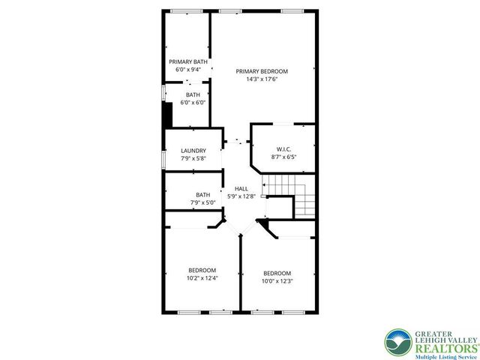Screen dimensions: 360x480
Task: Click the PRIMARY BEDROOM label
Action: coord(262,71)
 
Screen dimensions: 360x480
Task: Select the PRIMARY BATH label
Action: coord(187,61)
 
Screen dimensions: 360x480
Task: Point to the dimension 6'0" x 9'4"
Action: coord(187,69)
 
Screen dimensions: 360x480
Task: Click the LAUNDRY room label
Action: coord(193,150)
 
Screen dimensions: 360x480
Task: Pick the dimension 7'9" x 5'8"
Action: coord(193,157)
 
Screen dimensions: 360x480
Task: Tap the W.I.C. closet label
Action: coord(283,148)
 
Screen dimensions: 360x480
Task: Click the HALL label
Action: coord(241,188)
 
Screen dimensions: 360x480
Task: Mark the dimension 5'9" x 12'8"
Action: coord(241,196)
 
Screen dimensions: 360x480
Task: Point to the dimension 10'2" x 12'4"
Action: coord(202,278)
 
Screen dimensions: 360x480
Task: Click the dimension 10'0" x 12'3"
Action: coord(277,280)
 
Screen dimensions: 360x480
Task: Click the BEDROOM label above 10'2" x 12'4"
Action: coord(202,270)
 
